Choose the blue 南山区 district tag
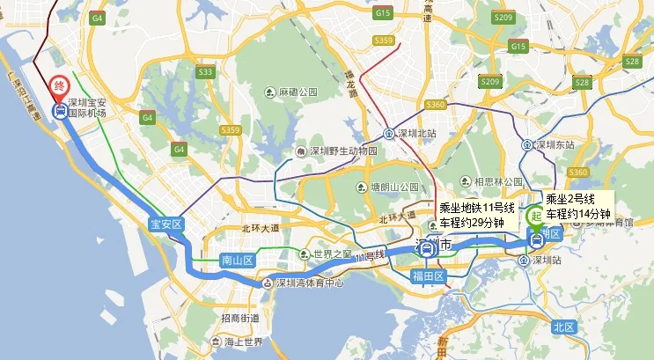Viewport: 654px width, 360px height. (236, 261)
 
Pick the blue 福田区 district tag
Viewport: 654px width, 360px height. (430, 276)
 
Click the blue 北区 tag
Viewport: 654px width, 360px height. (563, 327)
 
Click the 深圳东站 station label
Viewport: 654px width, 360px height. (555, 143)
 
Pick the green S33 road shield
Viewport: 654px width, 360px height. (206, 72)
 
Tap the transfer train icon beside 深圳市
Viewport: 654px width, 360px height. (427, 249)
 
